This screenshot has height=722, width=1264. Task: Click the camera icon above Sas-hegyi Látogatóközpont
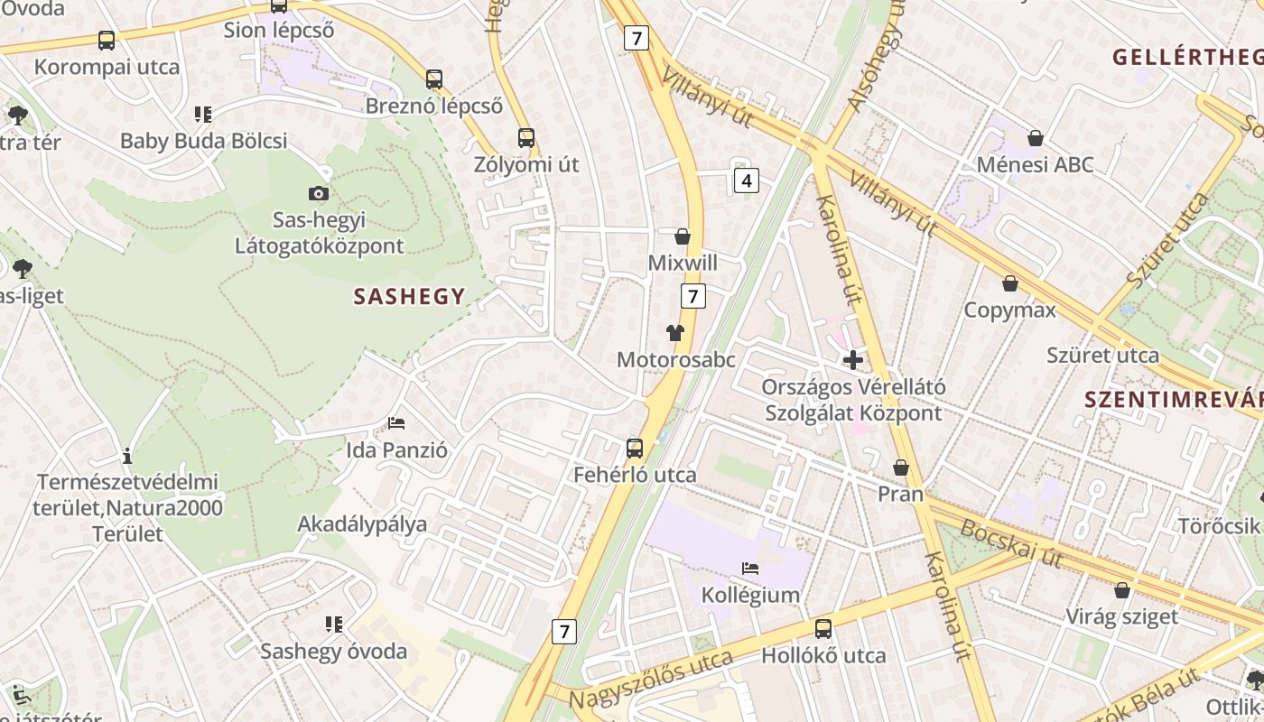tap(318, 193)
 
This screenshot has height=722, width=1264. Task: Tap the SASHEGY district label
tap(409, 296)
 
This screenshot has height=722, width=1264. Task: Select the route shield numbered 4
tap(746, 180)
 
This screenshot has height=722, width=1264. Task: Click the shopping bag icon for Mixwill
tap(683, 236)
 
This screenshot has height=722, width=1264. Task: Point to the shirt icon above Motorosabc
tap(674, 333)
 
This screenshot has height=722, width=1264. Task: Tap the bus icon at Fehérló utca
tap(635, 448)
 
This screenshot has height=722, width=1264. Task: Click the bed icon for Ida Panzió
tap(395, 422)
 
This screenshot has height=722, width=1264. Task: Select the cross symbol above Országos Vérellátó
tap(852, 360)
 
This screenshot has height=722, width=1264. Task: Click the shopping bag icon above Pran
tap(900, 467)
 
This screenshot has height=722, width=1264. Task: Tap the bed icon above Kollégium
tap(749, 569)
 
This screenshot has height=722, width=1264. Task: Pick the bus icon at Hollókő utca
tap(823, 629)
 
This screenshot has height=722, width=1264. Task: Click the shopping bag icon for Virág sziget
tap(1121, 590)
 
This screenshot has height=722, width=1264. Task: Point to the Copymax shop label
tap(1009, 310)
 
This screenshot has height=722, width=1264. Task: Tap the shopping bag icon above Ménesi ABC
tap(1036, 138)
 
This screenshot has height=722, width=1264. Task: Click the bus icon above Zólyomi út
tap(526, 138)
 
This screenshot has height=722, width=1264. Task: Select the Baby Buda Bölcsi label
tap(203, 141)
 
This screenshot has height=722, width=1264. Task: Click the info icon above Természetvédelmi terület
tap(127, 456)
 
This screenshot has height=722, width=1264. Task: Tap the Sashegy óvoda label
tap(334, 651)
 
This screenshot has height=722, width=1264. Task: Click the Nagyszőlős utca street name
tap(650, 680)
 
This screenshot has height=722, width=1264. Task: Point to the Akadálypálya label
tap(362, 524)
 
